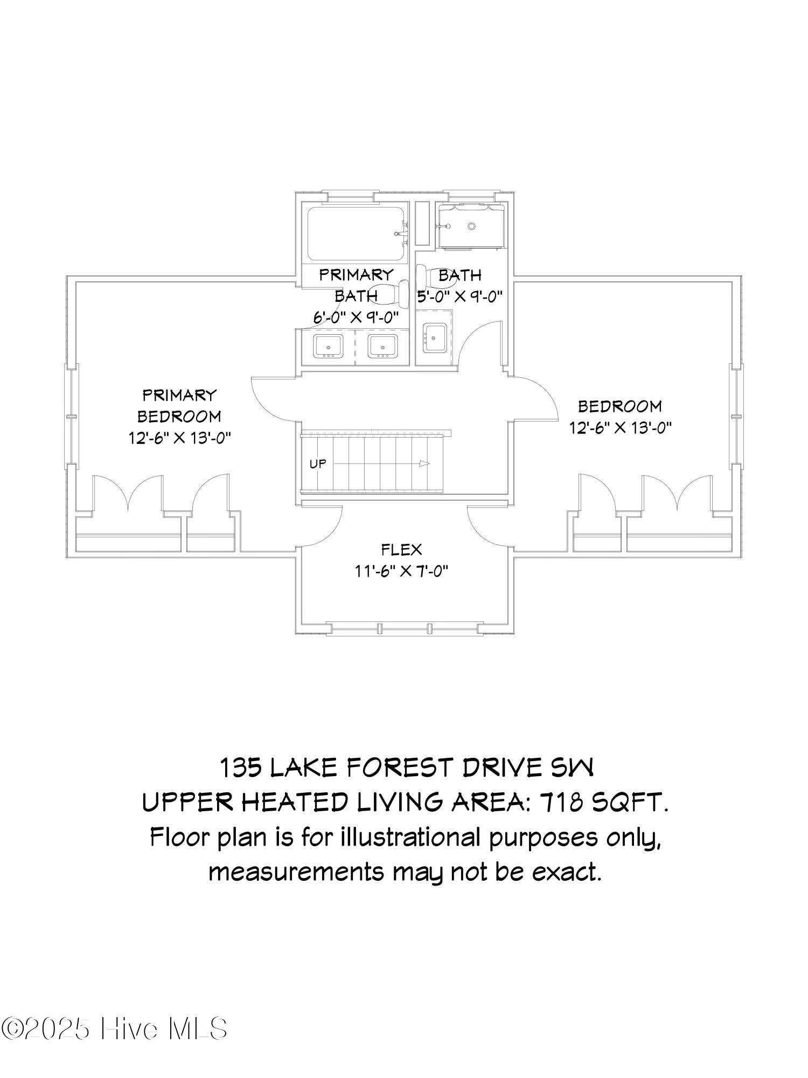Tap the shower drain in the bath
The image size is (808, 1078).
pyautogui.click(x=472, y=226)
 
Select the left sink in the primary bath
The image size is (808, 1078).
pyautogui.click(x=328, y=346)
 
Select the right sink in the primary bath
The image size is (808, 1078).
pyautogui.click(x=383, y=346)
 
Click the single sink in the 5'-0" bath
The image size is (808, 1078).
pyautogui.click(x=435, y=338)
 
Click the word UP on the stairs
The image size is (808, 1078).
pyautogui.click(x=318, y=463)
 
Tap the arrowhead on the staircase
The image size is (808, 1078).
pyautogui.click(x=425, y=464)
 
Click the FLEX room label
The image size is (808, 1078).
pyautogui.click(x=401, y=550)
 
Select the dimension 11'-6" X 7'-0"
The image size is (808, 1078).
pyautogui.click(x=401, y=571)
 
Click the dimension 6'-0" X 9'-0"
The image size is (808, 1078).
pyautogui.click(x=356, y=317)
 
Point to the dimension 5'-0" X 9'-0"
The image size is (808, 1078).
pyautogui.click(x=460, y=296)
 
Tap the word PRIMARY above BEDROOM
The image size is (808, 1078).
pyautogui.click(x=179, y=395)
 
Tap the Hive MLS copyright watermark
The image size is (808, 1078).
pyautogui.click(x=114, y=1029)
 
